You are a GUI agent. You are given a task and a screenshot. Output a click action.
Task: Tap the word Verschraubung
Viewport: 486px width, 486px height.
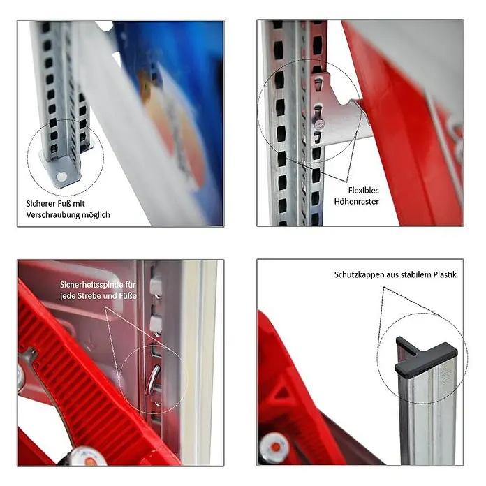click(x=52, y=215)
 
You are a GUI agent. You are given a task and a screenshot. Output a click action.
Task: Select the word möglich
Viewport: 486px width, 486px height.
click(x=96, y=215)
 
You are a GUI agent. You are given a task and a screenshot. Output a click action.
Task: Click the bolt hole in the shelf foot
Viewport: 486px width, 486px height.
click(x=61, y=177)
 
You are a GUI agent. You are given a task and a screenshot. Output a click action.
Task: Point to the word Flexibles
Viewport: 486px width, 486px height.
click(x=363, y=190)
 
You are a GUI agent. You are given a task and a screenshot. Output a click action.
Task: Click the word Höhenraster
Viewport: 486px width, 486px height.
click(x=356, y=202)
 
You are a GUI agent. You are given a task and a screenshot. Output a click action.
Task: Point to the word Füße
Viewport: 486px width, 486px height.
click(x=128, y=295)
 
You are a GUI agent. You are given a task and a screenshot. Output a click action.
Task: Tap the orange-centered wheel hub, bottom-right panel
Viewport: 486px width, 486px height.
click(x=274, y=448)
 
